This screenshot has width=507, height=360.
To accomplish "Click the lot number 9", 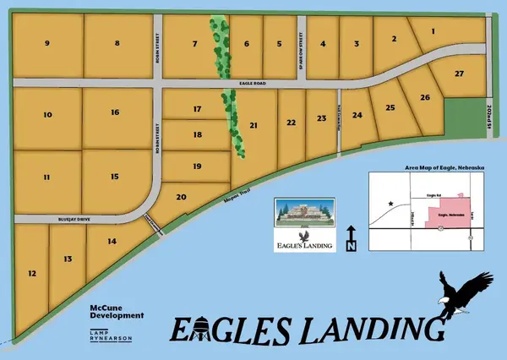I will (47, 43).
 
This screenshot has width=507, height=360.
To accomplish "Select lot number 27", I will (459, 74).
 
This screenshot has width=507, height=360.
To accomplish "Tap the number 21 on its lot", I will (253, 125).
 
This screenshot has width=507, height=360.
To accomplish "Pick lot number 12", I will (32, 274).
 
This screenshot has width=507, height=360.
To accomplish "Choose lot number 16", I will (115, 112).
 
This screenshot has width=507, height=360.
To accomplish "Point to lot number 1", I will (433, 31).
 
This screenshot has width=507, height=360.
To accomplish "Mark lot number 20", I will (181, 197).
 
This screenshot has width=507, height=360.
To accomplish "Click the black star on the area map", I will (390, 204).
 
